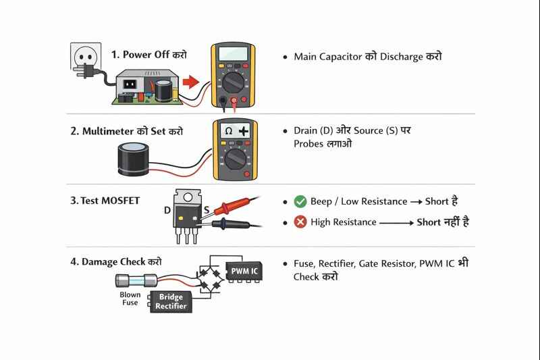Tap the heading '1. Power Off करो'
149,55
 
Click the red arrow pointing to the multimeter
192,82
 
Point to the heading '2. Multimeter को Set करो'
126,131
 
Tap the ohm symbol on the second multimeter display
228,130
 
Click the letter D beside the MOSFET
167,211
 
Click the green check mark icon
300,201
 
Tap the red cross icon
300,222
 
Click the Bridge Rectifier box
171,302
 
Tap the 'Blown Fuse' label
130,299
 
